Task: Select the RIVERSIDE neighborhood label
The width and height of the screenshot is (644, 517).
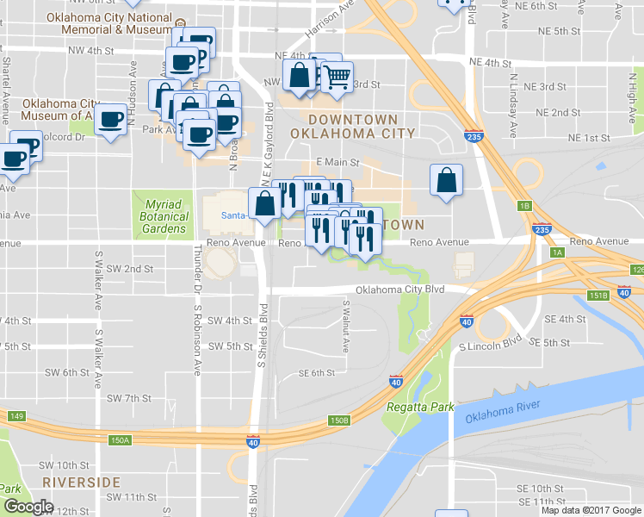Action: coord(81,482)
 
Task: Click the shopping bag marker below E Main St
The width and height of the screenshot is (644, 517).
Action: coord(446,182)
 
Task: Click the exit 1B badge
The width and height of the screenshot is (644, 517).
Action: coord(524,206)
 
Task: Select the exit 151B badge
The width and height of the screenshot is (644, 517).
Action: coord(598,296)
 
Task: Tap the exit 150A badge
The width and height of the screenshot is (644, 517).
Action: coord(121,440)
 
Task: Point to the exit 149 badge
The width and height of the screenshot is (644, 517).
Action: coord(15,416)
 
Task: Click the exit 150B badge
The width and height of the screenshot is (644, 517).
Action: coord(339,420)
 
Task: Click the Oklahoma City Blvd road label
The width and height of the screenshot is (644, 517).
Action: coord(399,290)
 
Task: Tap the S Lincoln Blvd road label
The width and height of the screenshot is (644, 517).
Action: coord(490,346)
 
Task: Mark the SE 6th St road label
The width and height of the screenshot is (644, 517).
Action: coord(315,373)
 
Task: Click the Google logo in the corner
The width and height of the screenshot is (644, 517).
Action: coord(28,507)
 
